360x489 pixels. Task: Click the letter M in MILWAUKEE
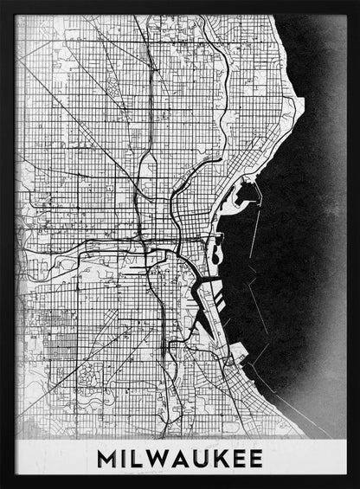click(x=108, y=455)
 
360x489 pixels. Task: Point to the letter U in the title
click(x=199, y=455)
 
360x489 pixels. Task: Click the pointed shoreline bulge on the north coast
click(x=299, y=108)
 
